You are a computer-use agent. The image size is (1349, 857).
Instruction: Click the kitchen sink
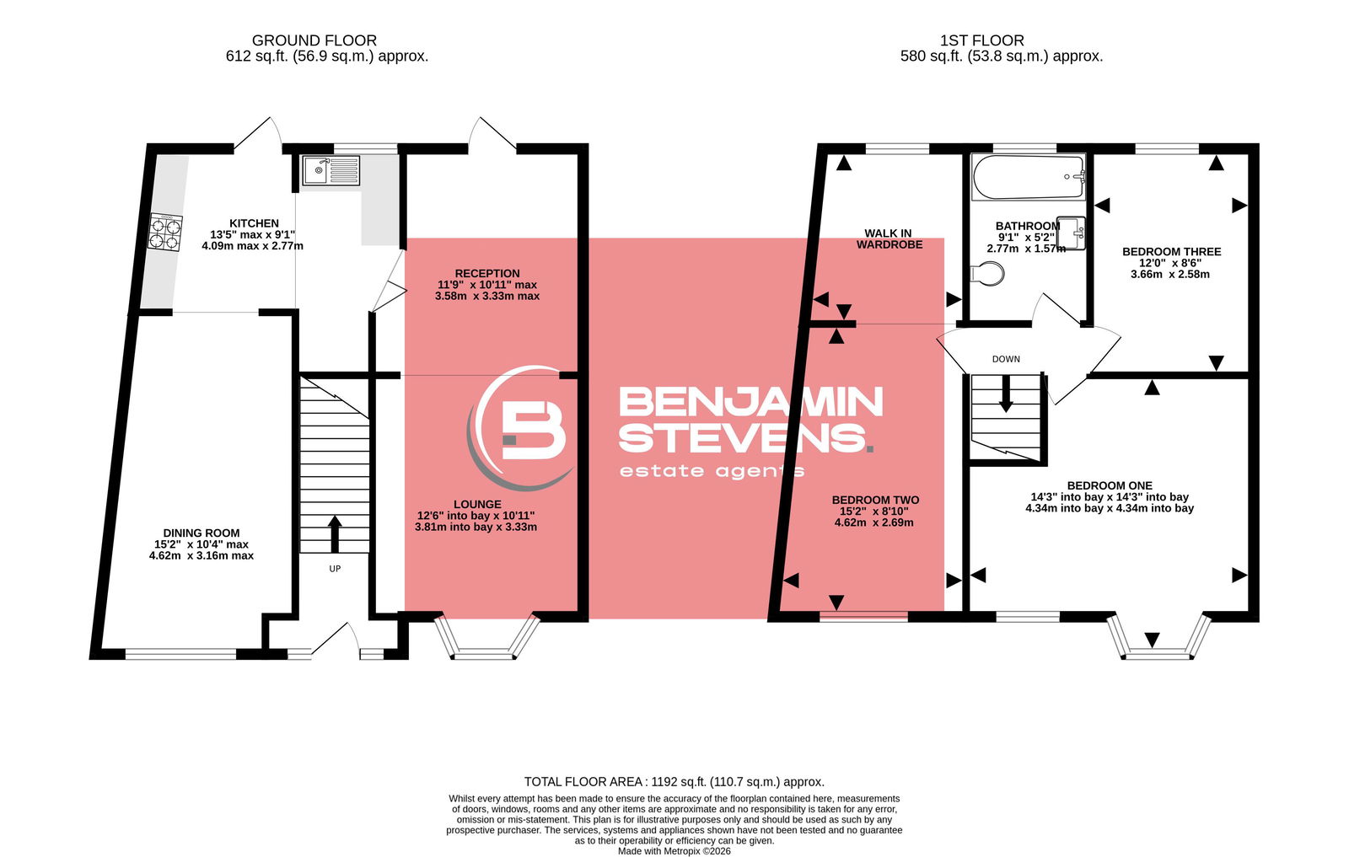coord(331,171)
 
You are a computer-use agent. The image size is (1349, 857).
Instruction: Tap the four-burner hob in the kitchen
coord(165,233)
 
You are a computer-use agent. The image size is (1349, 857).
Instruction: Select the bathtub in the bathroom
coord(1028,177)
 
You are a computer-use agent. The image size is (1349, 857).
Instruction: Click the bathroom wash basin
coord(1071,233)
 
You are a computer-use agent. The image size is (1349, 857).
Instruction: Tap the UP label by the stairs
coord(335,569)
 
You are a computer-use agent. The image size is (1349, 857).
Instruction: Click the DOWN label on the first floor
coord(1006,359)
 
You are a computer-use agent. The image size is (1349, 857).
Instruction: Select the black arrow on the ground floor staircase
coord(335,533)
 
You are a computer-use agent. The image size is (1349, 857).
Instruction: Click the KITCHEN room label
coord(254,223)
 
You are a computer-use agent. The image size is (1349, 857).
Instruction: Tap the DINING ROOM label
coord(202,533)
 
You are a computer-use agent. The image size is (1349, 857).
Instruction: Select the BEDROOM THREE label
coord(1171,252)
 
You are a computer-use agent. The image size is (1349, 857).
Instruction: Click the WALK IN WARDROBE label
coord(889,239)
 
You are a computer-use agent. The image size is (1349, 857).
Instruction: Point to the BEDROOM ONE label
coord(1110,485)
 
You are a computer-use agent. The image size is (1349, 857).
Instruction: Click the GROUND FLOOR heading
coord(314,40)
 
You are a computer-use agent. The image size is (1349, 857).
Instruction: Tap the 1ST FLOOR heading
coord(981,40)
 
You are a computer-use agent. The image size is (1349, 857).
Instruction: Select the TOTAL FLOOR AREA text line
coord(674,782)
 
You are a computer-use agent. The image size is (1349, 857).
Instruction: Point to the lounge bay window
coord(486,637)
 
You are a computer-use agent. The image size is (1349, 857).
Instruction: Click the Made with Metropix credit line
coord(674,851)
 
